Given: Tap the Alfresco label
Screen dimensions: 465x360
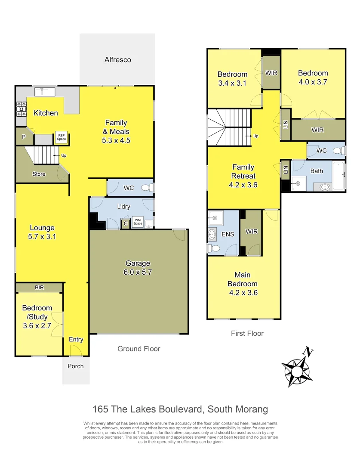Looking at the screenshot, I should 117,60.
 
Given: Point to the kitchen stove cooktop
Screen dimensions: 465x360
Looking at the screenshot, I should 21,109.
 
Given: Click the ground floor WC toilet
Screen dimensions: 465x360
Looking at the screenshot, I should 147,188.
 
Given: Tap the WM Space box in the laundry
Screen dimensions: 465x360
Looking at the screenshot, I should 137,221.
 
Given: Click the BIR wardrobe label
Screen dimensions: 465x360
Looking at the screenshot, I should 39,287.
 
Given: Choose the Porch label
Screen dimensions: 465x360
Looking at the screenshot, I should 76,366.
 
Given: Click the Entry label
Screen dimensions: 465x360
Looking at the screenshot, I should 76,340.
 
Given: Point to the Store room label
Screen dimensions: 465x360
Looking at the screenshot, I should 39,174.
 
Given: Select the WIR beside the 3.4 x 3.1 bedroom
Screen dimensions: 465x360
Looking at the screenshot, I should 271,73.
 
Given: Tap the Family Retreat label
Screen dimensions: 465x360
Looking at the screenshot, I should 243,171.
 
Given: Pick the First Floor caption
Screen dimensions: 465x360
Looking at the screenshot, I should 247,333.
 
